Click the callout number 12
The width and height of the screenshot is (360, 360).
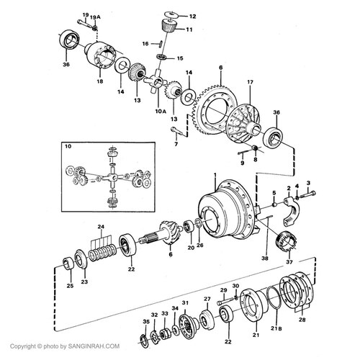pos(192,15)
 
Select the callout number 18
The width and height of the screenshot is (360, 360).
pos(100,82)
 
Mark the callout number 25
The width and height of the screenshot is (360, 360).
pos(69,286)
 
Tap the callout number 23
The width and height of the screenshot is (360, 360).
pos(84,282)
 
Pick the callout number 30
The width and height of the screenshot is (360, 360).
pos(235,286)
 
